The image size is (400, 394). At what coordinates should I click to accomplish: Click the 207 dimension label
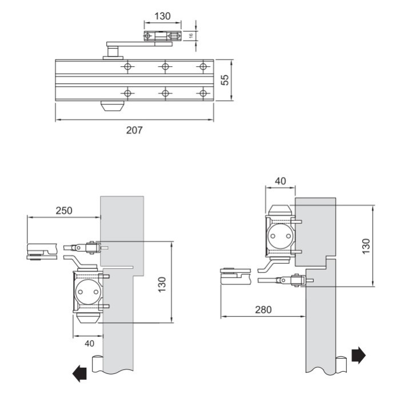click(x=135, y=130)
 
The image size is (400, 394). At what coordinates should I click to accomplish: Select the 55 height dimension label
click(x=226, y=80)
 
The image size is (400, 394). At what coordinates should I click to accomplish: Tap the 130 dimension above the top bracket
click(x=162, y=16)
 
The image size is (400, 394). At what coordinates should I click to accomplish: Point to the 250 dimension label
click(x=64, y=210)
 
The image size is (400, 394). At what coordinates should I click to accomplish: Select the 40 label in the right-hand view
click(x=280, y=181)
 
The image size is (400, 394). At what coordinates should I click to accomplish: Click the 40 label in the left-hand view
click(x=89, y=343)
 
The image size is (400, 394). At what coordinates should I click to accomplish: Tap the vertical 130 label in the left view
click(x=162, y=282)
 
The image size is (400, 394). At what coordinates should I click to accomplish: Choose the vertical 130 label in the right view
click(x=366, y=246)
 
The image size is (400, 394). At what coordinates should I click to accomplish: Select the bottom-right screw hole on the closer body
click(x=202, y=93)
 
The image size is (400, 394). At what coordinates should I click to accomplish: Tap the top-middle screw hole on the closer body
click(x=165, y=67)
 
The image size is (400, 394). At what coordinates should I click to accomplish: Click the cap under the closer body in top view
click(x=112, y=107)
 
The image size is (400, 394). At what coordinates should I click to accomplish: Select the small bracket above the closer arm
click(x=162, y=37)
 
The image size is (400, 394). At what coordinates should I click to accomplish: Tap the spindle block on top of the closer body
click(x=112, y=54)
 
